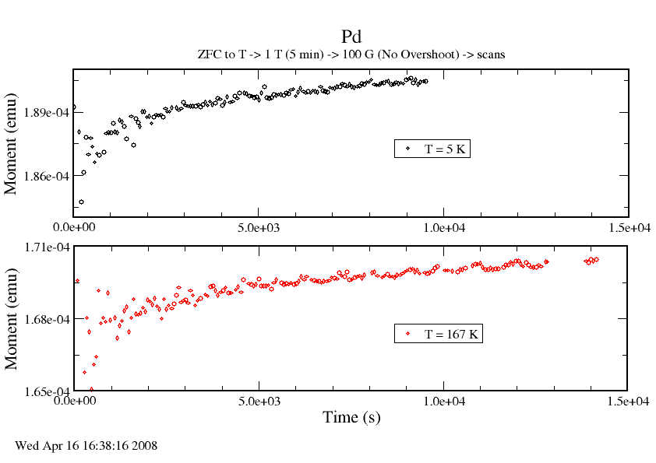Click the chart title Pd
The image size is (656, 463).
point(351,37)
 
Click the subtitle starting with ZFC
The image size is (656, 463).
point(351,54)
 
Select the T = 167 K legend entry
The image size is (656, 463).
point(439,334)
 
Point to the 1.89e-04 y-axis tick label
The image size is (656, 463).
point(48,113)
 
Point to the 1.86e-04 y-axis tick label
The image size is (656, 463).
point(48,177)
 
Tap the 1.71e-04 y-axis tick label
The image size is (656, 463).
point(48,247)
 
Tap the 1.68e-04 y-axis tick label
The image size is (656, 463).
point(48,319)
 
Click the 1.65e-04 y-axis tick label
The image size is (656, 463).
point(48,391)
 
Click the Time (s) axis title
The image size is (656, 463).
point(351,418)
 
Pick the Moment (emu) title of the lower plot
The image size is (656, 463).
point(12,319)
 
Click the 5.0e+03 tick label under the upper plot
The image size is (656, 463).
point(259,227)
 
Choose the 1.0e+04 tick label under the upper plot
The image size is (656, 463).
point(443,227)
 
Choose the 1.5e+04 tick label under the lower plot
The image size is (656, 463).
point(628,402)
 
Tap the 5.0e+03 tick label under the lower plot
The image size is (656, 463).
point(259,402)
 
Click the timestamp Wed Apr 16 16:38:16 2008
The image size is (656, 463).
point(86,446)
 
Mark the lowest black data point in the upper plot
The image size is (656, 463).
point(81,202)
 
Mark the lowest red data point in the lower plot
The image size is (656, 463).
point(91,389)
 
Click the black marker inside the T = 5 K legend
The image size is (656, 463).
point(407,148)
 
